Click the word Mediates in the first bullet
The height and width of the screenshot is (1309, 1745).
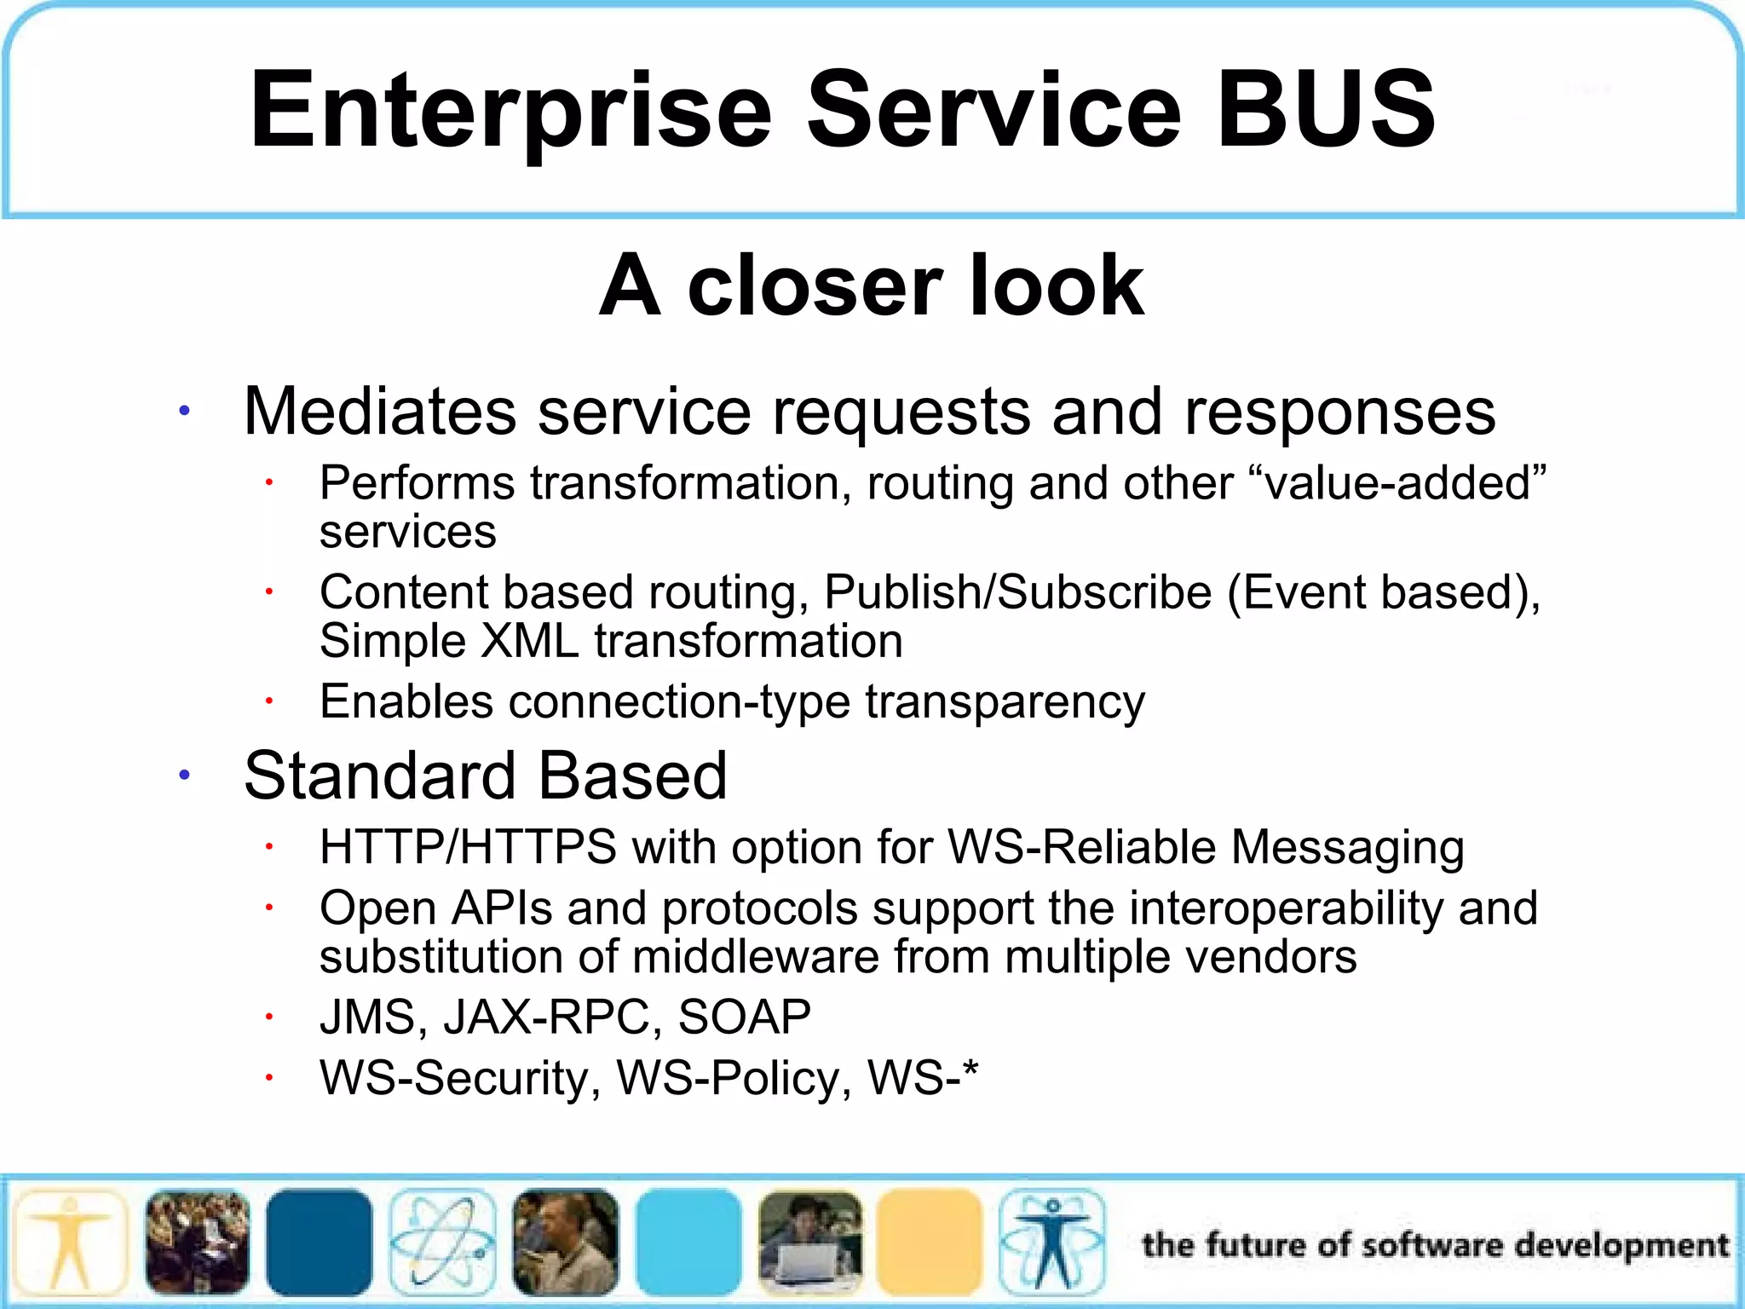tap(379, 412)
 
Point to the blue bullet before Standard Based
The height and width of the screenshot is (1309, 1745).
tap(184, 776)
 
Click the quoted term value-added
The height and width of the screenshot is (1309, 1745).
tap(1397, 483)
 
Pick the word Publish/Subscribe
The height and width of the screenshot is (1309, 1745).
tap(1017, 592)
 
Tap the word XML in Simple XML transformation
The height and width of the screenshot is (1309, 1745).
tap(529, 641)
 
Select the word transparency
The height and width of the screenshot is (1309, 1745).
tap(1005, 702)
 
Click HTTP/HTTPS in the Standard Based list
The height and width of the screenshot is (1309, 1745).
tap(468, 848)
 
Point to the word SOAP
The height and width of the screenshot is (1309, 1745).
tap(744, 1018)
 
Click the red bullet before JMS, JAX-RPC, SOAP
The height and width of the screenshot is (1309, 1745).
tap(268, 1017)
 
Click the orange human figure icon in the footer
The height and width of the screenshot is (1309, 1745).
tap(70, 1243)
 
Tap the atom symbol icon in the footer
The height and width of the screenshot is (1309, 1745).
tap(442, 1243)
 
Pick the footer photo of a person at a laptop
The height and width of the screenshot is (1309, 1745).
tap(809, 1243)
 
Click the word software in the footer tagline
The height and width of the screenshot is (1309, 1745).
tap(1432, 1245)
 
